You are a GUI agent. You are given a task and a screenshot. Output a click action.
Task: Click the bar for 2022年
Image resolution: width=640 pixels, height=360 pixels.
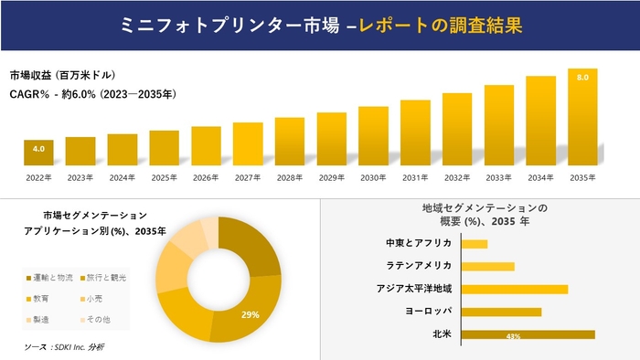[38, 151]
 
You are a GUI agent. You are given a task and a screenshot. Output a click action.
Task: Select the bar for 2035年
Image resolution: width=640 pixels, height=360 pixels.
[583, 116]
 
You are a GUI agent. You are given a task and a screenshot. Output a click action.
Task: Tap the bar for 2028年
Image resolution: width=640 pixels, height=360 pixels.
[290, 141]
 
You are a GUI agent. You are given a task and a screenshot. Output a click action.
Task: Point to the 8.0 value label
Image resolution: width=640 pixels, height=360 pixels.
[583, 79]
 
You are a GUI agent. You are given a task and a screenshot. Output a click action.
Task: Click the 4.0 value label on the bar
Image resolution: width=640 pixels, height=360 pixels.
[38, 147]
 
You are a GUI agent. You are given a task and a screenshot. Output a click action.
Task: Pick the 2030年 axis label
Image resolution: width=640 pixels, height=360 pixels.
[373, 177]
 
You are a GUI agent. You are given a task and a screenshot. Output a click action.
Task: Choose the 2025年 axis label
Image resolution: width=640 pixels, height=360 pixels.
[165, 177]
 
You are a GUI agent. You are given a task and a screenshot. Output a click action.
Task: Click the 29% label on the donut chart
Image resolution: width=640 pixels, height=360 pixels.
[250, 314]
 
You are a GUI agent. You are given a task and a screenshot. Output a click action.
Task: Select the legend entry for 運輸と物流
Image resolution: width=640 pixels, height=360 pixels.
[54, 277]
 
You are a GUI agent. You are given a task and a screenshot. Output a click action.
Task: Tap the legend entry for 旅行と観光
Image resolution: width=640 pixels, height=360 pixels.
[104, 277]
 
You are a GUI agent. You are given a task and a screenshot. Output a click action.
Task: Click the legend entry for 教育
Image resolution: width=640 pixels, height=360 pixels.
[45, 298]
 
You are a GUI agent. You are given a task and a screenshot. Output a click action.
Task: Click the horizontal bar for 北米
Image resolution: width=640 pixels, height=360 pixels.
[528, 334]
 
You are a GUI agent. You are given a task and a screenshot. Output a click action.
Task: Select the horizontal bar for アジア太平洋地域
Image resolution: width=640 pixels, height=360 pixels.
[515, 289]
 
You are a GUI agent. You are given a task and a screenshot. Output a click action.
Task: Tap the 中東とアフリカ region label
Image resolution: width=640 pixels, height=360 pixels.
[420, 244]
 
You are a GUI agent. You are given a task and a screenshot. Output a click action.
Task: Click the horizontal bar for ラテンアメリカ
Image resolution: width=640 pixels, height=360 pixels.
[488, 267]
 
